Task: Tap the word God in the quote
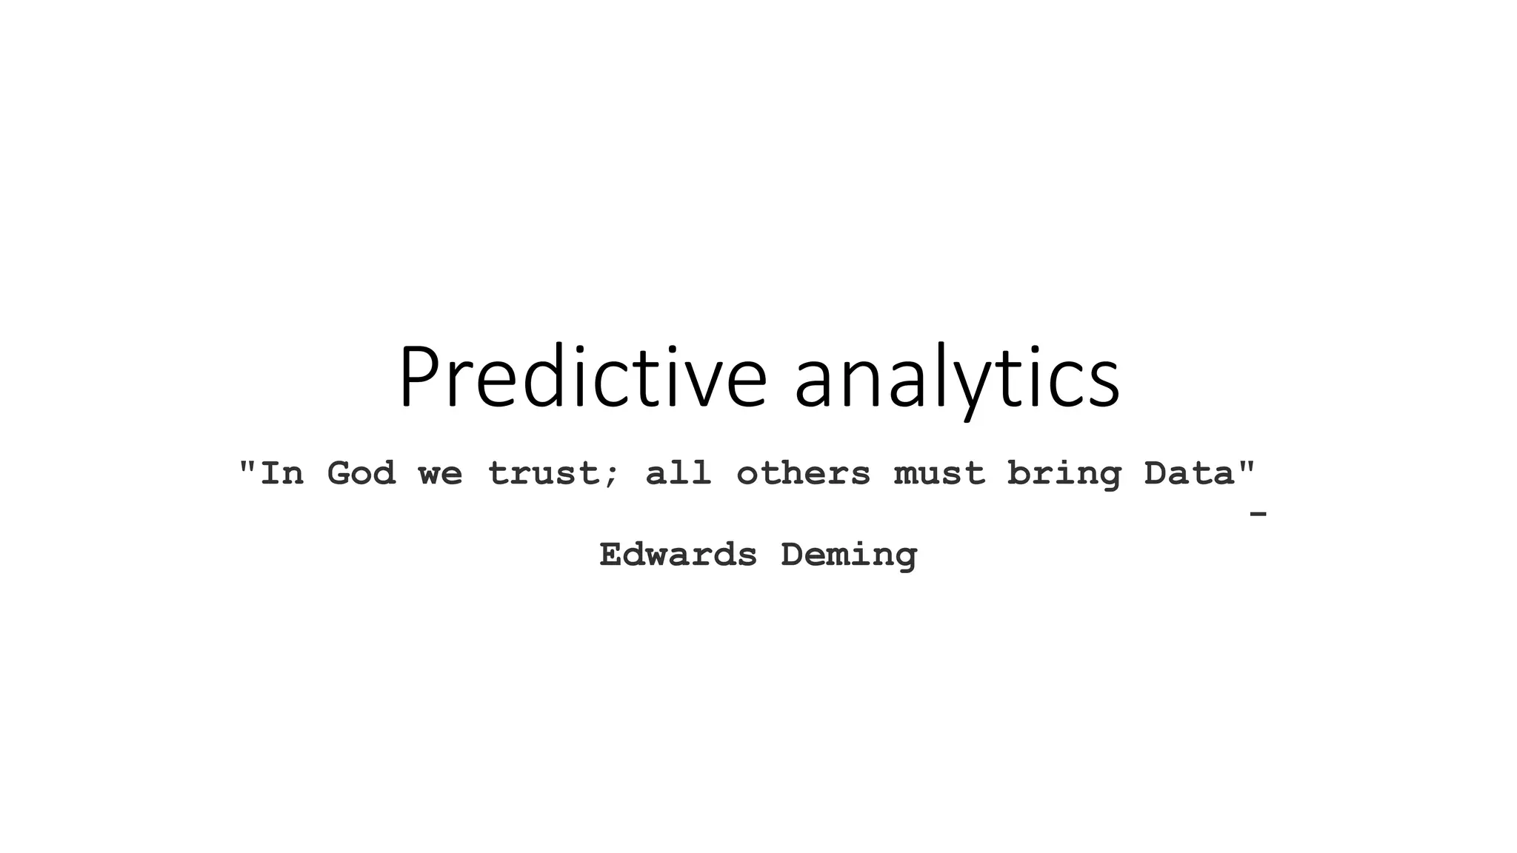(x=361, y=473)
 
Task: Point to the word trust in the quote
(x=542, y=473)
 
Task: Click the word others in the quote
(x=803, y=473)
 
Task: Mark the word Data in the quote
(x=1188, y=473)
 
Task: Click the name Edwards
(x=678, y=555)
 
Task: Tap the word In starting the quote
(x=281, y=473)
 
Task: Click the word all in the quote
(x=678, y=473)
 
